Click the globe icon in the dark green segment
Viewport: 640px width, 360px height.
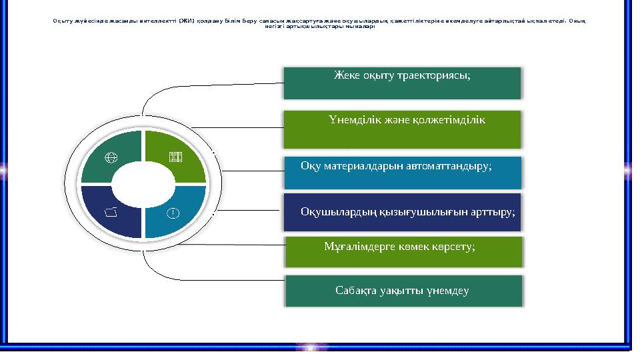point(111,158)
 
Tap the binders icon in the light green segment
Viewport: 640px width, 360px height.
point(175,158)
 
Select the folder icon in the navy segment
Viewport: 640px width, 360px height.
point(111,212)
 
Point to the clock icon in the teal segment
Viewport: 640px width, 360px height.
point(173,213)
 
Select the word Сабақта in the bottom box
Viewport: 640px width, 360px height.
point(357,291)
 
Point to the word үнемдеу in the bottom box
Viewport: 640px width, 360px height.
point(449,291)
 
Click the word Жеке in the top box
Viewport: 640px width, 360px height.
point(347,75)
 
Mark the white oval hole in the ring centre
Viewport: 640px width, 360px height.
point(143,185)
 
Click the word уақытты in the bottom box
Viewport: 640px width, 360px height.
point(403,291)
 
